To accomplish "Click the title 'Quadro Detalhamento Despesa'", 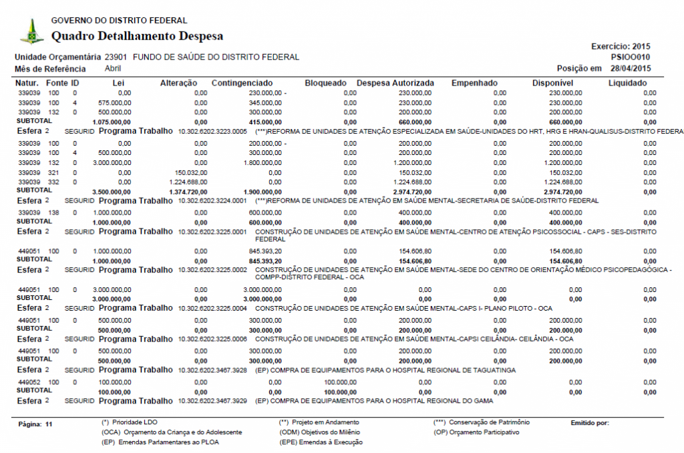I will (x=137, y=36).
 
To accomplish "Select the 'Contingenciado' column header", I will (x=241, y=83).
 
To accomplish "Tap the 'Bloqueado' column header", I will (x=325, y=83).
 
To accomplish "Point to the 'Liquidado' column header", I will (x=627, y=83).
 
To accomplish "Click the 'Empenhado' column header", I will (x=474, y=83).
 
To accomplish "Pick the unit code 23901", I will (x=116, y=57).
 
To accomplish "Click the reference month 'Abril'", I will (x=113, y=68).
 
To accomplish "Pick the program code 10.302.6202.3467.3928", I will (x=212, y=369).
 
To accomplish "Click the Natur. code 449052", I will (x=28, y=382).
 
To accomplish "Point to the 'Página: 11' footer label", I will (x=36, y=424).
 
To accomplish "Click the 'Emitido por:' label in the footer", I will (x=590, y=422).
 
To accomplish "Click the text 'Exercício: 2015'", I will (x=621, y=47).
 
